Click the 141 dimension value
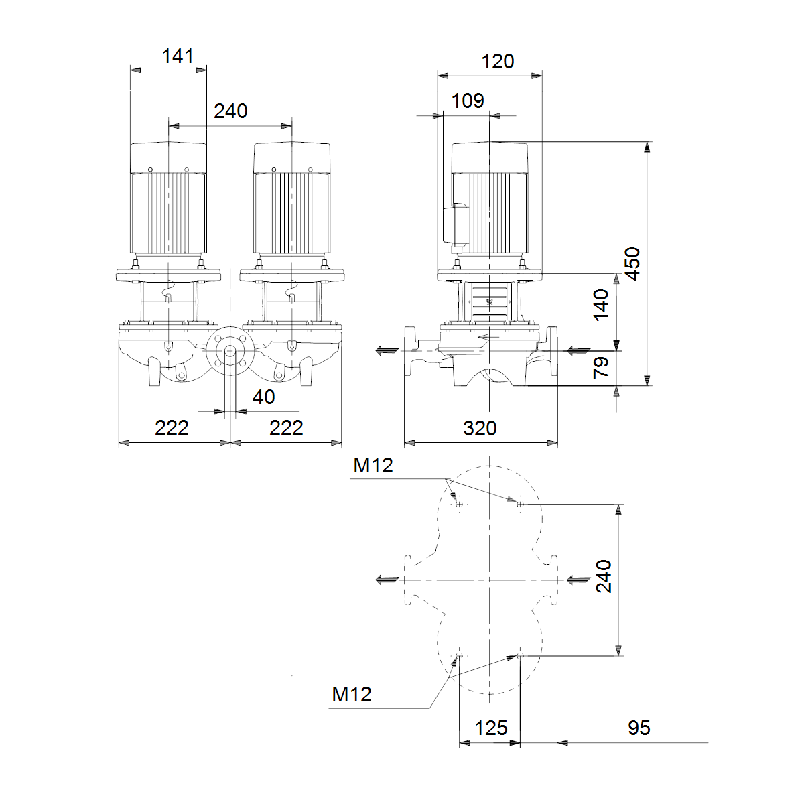tap(178, 56)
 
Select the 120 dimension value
tap(497, 62)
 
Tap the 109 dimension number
tap(468, 100)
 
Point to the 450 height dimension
tap(632, 264)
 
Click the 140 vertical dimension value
tap(601, 305)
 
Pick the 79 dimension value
tap(601, 367)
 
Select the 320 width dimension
tap(480, 429)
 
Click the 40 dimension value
tap(264, 397)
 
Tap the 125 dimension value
tap(491, 728)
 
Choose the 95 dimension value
tap(639, 728)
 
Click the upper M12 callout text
tap(373, 465)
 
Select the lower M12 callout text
tap(351, 694)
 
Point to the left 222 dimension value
tap(172, 427)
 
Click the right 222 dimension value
tap(286, 427)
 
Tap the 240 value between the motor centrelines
tap(230, 111)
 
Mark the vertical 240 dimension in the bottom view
tap(604, 576)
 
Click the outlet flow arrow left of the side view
tap(388, 350)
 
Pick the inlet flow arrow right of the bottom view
tap(578, 580)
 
